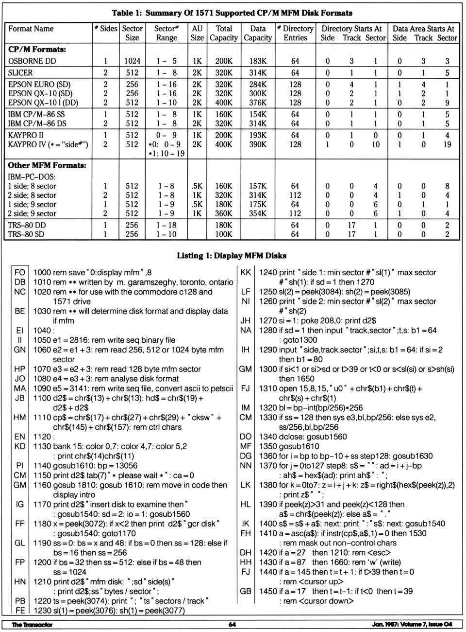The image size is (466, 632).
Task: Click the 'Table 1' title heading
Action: [232, 13]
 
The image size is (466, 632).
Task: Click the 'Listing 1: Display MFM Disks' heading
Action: [232, 255]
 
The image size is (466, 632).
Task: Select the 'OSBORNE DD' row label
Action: [32, 61]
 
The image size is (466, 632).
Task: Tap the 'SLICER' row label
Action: [20, 73]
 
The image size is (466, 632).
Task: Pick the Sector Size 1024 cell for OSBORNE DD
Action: [132, 61]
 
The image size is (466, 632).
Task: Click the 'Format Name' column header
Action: [31, 29]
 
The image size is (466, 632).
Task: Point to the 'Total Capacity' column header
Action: [224, 33]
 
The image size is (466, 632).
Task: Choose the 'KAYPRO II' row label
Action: [26, 135]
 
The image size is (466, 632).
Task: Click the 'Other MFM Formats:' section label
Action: [47, 165]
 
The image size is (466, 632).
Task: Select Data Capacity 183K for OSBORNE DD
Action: [258, 61]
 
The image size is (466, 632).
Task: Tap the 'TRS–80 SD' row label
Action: [27, 234]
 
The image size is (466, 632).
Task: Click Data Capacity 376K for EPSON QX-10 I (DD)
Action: [258, 103]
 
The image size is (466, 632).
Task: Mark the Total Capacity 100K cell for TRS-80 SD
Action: [224, 234]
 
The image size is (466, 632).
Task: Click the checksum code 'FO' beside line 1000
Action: [20, 273]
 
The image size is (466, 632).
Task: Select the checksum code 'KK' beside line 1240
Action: [246, 273]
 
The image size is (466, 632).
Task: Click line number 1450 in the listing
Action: [268, 591]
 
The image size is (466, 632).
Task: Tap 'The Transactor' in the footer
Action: [32, 624]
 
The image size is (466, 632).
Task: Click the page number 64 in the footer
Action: [232, 624]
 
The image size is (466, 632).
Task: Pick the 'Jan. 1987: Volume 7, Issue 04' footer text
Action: [412, 624]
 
